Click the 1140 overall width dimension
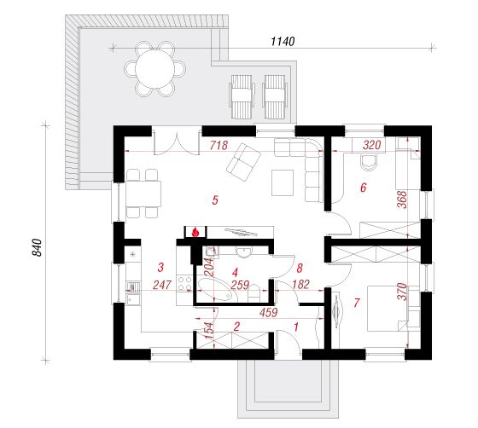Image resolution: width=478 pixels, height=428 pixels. tap(283, 41)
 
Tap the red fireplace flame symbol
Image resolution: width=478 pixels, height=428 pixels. tap(195, 232)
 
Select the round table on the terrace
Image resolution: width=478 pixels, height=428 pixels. tap(154, 68)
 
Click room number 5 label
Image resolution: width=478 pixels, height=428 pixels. tap(215, 200)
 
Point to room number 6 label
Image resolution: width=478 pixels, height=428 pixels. tap(363, 188)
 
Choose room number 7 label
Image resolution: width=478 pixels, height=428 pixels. tap(357, 303)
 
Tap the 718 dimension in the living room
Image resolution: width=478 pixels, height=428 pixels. tap(219, 145)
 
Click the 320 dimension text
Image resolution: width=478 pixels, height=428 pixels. tap(372, 145)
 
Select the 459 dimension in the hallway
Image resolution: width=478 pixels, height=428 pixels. tap(269, 312)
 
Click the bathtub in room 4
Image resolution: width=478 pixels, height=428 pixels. tap(216, 290)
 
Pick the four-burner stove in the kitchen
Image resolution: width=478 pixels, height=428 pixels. tap(184, 283)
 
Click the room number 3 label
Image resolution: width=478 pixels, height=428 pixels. tap(160, 267)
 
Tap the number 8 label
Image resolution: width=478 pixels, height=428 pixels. tap(300, 268)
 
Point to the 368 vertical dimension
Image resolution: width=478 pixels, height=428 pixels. tap(402, 200)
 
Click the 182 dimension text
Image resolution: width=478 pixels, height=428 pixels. tap(300, 284)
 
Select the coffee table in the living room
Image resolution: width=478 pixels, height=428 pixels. tap(283, 182)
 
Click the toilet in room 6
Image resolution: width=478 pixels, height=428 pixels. tap(369, 162)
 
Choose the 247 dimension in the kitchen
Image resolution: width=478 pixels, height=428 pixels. tap(162, 285)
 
